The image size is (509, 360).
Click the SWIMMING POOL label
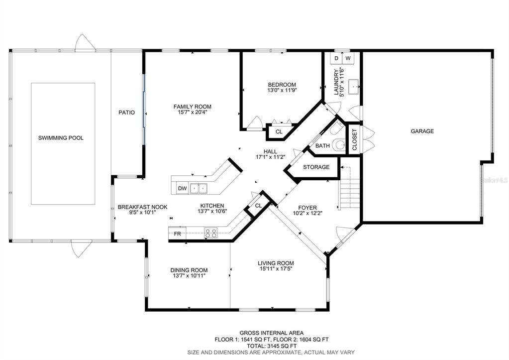pos(61,138)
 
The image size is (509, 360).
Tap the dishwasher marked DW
pos(183,188)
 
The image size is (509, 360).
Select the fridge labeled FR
pos(177,234)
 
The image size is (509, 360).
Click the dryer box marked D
pos(336,58)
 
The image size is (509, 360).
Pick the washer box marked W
pos(348,58)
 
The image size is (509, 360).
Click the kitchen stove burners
pos(210,233)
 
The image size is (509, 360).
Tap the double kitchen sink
pos(199,188)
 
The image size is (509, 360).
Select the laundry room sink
pos(353,87)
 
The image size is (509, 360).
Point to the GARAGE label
pos(422,131)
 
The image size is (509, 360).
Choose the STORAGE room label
pos(316,167)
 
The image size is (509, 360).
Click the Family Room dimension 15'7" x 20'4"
pos(193,113)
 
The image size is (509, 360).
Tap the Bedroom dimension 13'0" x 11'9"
pos(282,90)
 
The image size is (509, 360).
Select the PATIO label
pos(126,113)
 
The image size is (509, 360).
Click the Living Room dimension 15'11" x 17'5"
pos(276,269)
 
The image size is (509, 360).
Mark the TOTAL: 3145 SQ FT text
pos(272,346)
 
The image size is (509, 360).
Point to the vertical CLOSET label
pos(354,140)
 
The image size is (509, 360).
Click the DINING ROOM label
pos(189,270)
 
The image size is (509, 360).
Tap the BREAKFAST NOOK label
pos(142,207)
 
